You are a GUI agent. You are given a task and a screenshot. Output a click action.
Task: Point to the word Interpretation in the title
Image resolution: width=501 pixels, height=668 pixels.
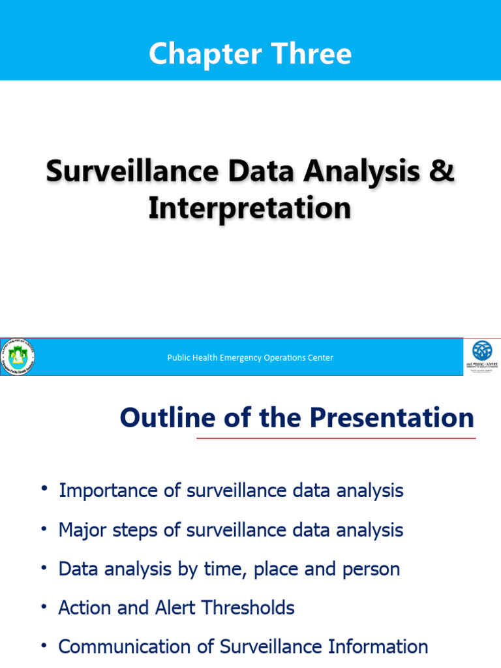pos(250,209)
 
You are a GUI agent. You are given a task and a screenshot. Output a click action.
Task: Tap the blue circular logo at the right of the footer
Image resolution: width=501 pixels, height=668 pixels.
pos(482,352)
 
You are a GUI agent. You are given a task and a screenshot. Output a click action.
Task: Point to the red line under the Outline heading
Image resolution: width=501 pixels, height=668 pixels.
pos(336,438)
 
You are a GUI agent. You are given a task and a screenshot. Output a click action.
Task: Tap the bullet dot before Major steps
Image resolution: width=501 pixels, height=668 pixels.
pos(44,528)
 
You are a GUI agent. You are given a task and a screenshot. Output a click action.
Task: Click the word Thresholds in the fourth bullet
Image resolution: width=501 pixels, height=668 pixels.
pos(249,608)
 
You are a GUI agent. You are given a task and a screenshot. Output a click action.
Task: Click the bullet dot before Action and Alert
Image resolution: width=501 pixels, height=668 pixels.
pos(44,606)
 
